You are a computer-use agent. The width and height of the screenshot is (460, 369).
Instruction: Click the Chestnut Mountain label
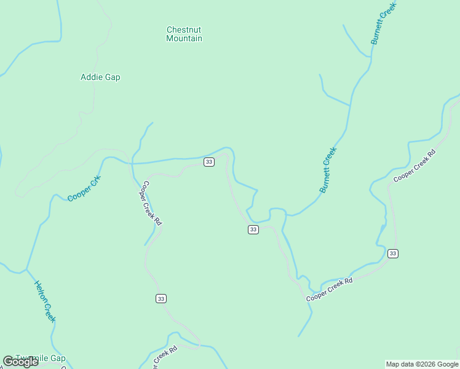(184, 34)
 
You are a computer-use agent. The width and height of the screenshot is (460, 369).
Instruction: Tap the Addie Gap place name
(100, 77)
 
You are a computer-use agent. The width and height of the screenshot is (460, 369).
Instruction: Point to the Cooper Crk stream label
(84, 188)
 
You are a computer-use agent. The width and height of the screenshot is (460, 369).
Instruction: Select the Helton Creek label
(45, 301)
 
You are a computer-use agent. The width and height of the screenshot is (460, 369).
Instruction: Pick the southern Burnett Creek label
(328, 170)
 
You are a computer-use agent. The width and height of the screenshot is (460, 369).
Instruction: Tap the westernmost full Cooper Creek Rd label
(152, 203)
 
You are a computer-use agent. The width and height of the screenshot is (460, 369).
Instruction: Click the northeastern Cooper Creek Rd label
(414, 166)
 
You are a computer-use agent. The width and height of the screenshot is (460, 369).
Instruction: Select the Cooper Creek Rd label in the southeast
(330, 290)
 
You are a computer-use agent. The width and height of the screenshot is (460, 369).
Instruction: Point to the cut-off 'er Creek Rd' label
(164, 356)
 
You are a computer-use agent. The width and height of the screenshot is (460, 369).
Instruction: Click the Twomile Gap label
(41, 358)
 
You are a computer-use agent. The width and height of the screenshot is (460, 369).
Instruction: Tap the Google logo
(20, 362)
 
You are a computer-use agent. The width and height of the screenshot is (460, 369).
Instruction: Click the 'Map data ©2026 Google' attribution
(421, 364)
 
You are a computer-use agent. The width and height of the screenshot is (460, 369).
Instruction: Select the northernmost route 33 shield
(209, 162)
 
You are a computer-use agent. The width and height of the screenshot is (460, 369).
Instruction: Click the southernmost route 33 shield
(161, 298)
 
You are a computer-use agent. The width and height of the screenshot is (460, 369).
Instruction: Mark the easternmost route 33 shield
(393, 253)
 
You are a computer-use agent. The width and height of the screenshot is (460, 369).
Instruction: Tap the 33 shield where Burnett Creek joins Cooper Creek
(253, 229)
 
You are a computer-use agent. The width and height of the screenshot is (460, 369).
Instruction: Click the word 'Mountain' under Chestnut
(184, 39)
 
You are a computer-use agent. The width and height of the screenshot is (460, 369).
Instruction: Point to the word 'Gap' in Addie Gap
(113, 77)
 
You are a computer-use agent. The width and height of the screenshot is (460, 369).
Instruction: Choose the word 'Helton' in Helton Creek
(41, 292)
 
